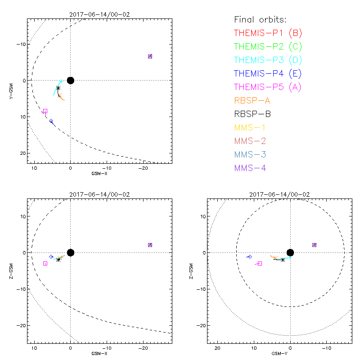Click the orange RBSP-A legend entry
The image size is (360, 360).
(x=252, y=100)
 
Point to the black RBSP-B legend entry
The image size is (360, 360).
(x=252, y=114)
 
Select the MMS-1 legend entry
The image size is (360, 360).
(x=250, y=127)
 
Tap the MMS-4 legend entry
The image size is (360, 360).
(x=250, y=168)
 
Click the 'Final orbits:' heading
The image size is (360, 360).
(x=260, y=19)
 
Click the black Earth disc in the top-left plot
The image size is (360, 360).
(x=70, y=80)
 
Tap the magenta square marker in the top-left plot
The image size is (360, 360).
(x=45, y=111)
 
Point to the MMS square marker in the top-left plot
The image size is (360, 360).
(x=150, y=56)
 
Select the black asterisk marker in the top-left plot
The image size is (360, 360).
(x=58, y=88)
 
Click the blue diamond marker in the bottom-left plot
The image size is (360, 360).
(x=51, y=256)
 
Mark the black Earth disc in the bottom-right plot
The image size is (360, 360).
(x=290, y=252)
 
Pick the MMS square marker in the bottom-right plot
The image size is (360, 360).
(x=314, y=245)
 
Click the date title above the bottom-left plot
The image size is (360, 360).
(x=99, y=194)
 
